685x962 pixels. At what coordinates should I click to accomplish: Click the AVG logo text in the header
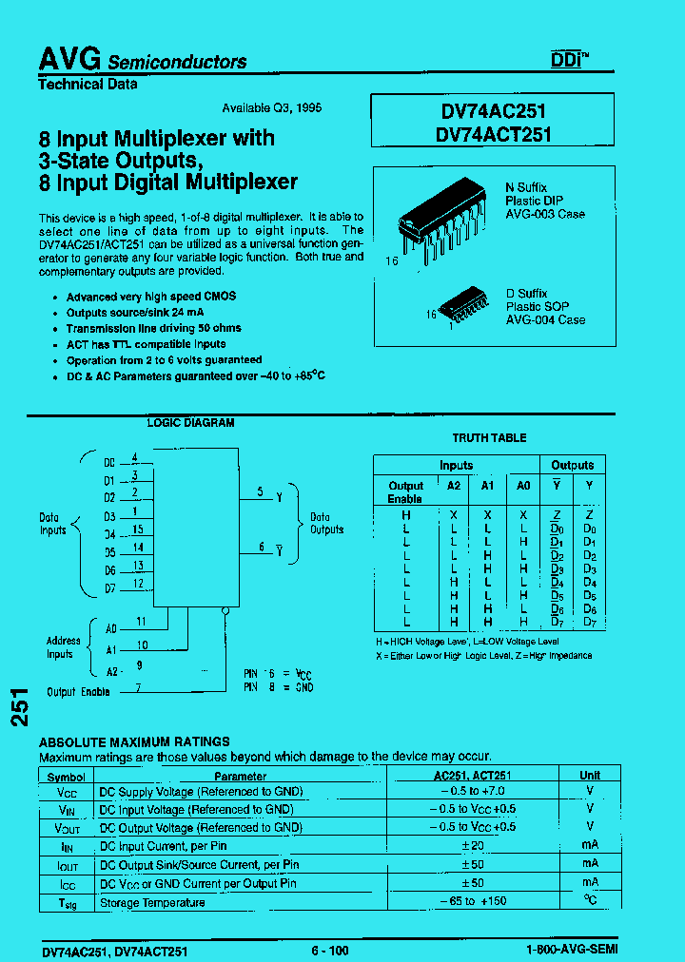pyautogui.click(x=69, y=59)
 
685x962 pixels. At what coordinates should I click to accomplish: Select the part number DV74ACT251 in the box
pyautogui.click(x=494, y=135)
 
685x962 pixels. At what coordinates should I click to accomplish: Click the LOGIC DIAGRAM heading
pyautogui.click(x=190, y=423)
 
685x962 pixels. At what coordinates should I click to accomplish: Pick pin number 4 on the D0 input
pyautogui.click(x=136, y=457)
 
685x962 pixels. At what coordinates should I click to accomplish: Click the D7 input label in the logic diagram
pyautogui.click(x=109, y=587)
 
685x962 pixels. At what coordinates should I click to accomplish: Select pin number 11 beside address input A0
pyautogui.click(x=141, y=622)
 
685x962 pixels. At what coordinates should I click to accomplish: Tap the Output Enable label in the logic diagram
pyautogui.click(x=78, y=692)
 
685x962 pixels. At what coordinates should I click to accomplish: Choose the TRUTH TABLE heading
pyautogui.click(x=489, y=437)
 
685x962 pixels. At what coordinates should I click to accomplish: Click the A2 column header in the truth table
pyautogui.click(x=453, y=485)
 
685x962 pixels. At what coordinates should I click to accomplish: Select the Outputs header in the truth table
pyautogui.click(x=573, y=466)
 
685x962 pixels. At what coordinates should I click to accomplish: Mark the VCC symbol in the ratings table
pyautogui.click(x=67, y=792)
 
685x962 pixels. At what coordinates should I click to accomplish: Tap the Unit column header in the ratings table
pyautogui.click(x=590, y=775)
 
